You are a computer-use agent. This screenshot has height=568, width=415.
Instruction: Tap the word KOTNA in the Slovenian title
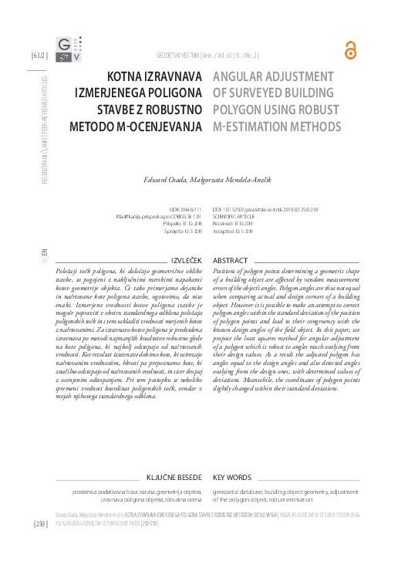[125, 76]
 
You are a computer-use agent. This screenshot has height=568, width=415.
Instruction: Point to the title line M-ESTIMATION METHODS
[276, 125]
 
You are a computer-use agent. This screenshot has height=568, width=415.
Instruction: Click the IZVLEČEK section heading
[187, 262]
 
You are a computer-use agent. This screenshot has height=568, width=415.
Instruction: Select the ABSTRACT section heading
[230, 262]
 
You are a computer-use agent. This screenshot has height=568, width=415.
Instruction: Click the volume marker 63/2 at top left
[39, 56]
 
